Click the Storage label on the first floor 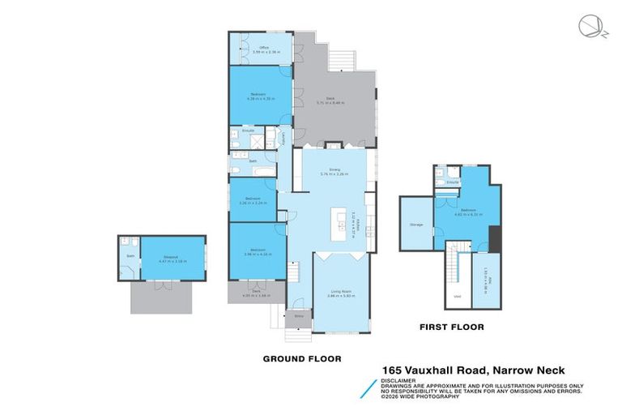(416, 224)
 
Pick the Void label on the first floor (458, 297)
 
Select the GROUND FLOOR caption (302, 357)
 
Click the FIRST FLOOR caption (451, 327)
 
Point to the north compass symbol (590, 27)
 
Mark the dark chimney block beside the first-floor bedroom (495, 237)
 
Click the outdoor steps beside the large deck (343, 58)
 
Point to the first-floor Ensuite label (453, 182)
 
